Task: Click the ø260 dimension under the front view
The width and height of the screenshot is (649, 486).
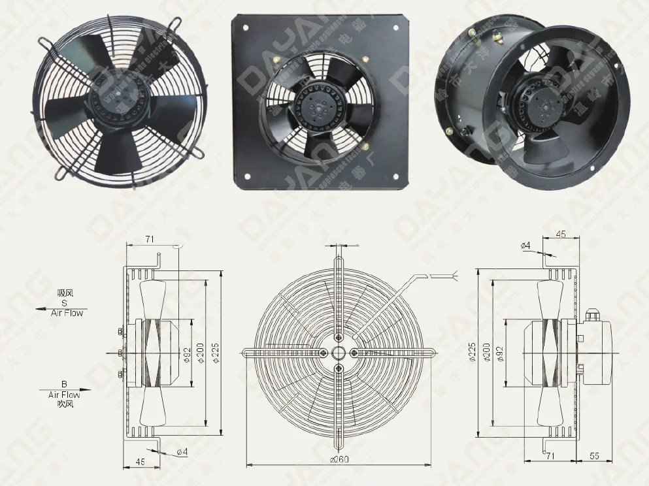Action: [339, 460]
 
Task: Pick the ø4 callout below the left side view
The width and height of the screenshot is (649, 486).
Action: [182, 451]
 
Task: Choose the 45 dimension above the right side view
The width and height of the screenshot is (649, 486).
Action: [560, 234]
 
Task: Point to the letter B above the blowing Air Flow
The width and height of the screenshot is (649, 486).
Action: [64, 385]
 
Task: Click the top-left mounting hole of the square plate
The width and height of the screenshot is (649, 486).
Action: [247, 27]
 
